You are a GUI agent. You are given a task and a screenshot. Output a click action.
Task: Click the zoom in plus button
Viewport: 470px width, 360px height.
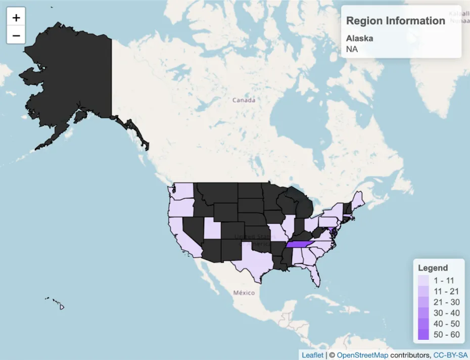16,18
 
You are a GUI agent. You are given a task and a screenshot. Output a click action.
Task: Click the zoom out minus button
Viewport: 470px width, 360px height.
16,35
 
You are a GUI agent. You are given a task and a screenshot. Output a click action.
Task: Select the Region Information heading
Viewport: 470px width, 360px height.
395,21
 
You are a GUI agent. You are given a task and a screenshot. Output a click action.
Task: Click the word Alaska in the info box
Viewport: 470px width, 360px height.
359,38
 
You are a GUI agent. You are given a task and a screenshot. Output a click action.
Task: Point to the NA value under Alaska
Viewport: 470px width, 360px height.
351,49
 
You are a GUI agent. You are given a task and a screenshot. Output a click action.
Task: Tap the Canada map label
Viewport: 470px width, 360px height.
244,100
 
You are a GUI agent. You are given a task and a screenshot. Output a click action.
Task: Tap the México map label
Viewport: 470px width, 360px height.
244,293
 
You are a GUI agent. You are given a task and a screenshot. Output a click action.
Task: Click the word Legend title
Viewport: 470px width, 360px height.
433,267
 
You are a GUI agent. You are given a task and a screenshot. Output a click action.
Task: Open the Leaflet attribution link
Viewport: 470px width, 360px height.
312,355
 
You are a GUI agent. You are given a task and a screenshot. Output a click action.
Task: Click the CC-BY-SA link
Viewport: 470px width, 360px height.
450,355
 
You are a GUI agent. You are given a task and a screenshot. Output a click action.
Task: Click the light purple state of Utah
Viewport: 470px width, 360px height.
212,230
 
